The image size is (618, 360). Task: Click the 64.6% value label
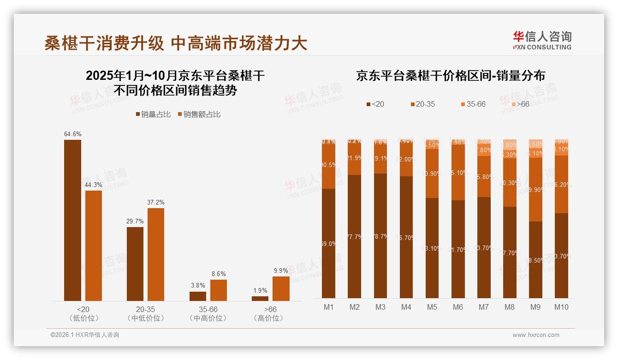pos(73,134)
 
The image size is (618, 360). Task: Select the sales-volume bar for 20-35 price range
pos(135,264)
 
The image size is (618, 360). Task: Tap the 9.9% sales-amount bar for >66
pos(281,288)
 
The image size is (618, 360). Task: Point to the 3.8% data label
pos(197,286)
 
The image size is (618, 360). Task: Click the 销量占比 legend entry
pos(153,114)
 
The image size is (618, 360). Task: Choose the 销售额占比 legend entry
pos(199,114)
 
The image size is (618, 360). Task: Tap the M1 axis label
pos(328,307)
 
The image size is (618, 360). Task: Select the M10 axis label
pos(561,307)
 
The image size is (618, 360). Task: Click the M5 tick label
pos(432,307)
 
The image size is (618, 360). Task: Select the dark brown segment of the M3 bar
pos(380,235)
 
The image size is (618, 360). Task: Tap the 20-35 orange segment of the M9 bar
pos(535,190)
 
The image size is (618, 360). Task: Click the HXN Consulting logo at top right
pos(542,41)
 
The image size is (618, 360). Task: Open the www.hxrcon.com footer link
pos(536,335)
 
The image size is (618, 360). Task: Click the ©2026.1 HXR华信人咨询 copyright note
pos(85,335)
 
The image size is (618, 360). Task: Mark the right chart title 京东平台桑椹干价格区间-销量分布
pos(450,76)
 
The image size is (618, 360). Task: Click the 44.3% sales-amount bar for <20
pos(94,246)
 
